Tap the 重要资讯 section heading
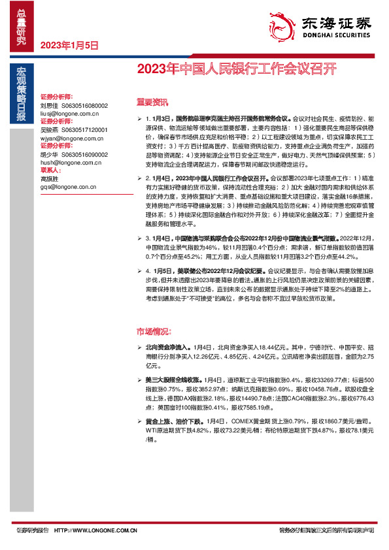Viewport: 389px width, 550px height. pos(151,101)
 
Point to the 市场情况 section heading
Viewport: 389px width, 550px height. pos(154,331)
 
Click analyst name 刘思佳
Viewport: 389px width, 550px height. pos(50,105)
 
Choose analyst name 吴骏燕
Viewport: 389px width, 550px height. pos(50,130)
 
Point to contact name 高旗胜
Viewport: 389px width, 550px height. pos(50,179)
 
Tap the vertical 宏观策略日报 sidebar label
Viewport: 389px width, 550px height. pos(22,95)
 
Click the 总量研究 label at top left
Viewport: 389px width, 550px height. pos(22,26)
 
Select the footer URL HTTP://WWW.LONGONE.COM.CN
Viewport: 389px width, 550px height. pos(95,531)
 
